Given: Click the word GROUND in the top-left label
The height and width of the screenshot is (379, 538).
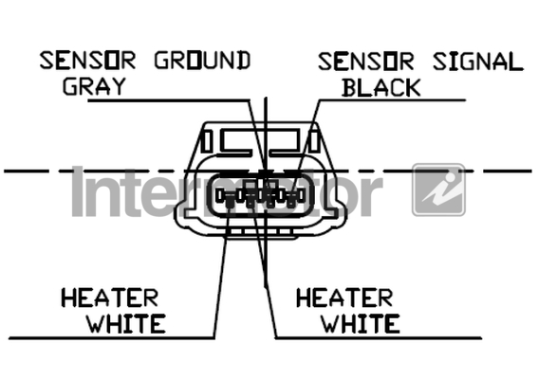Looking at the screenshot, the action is point(202,61).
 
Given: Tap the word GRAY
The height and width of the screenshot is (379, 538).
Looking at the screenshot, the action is point(94,86).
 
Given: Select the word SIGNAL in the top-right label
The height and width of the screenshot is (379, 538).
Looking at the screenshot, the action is point(478,62).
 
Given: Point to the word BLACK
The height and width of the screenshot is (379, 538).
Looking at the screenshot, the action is point(381,88).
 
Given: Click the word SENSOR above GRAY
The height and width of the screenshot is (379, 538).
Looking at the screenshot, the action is point(87,61).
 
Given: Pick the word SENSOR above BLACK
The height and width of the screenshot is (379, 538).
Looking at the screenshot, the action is point(365,62).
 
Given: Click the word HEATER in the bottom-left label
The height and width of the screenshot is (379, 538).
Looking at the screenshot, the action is point(110,298).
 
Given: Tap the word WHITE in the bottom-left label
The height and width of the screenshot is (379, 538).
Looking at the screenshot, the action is point(126,323).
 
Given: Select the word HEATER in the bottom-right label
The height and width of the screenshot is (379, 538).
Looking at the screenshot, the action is point(344,298).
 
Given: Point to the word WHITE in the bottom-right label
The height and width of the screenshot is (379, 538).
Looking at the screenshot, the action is point(361,323).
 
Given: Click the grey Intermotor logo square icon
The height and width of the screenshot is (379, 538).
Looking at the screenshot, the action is point(438,189).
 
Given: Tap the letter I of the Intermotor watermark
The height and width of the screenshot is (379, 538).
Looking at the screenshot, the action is point(78,191).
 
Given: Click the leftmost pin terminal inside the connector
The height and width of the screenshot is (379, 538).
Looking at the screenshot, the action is point(220,196).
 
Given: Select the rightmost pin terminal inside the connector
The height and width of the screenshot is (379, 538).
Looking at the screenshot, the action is point(301,196).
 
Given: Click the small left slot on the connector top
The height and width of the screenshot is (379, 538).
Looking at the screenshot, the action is point(207,141).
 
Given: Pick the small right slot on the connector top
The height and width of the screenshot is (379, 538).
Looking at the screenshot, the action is point(315,141).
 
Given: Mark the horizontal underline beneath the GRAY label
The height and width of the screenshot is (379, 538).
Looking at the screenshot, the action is point(169,100).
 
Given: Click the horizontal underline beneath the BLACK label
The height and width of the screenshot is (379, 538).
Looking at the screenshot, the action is point(392,100).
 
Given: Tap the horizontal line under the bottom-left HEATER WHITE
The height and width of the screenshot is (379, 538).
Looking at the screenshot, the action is point(112,338).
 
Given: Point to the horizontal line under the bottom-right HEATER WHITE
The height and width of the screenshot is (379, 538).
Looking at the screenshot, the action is point(379,338).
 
